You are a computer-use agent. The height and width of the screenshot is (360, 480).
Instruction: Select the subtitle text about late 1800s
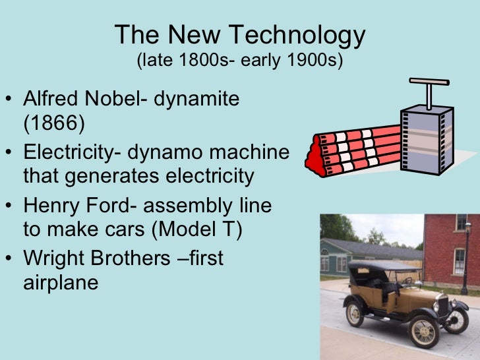click(x=239, y=61)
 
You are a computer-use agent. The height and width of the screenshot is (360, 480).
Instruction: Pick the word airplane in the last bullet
click(x=61, y=282)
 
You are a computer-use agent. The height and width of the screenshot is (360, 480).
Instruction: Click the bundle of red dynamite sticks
click(x=356, y=150)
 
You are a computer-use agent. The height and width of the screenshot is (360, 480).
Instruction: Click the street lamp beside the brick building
click(x=466, y=257)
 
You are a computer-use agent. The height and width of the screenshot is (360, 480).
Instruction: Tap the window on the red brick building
click(x=460, y=260)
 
